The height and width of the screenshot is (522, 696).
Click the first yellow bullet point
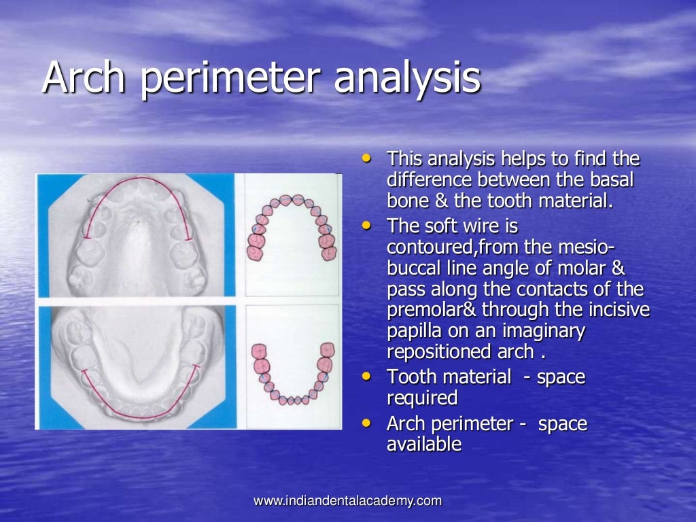368,158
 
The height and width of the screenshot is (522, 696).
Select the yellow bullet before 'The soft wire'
368,224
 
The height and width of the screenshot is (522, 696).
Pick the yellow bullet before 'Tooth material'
368,375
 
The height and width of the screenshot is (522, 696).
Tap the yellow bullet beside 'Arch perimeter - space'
368,423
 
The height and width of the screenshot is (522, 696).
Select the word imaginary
544,332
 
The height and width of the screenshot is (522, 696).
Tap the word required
421,398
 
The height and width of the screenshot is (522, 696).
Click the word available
424,445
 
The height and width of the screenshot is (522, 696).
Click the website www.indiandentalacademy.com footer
347,501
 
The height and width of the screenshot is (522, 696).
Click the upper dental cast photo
136,234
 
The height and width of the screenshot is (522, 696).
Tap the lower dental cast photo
136,367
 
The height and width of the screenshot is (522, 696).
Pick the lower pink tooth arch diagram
292,370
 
